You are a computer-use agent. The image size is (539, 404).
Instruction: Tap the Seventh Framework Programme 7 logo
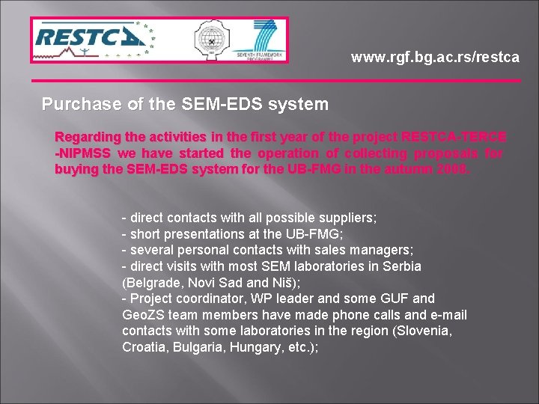point(258,39)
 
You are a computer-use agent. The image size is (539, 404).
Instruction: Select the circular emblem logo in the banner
point(212,40)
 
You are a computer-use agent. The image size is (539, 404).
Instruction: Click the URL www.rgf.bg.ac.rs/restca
point(435,57)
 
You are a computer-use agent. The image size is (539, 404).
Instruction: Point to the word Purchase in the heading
point(75,105)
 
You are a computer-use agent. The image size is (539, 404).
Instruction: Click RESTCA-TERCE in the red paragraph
point(454,137)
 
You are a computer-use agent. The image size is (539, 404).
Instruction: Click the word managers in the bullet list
point(382,250)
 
